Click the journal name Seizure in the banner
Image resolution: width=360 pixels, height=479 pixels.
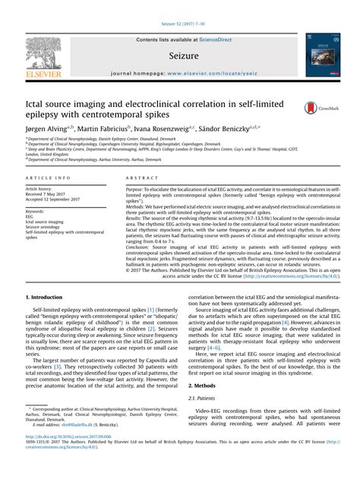pos(179,56)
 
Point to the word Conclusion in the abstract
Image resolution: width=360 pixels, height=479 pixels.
pos(141,245)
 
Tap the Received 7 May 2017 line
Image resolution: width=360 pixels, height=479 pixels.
pos(52,194)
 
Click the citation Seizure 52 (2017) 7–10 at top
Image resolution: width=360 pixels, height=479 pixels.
pos(179,6)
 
